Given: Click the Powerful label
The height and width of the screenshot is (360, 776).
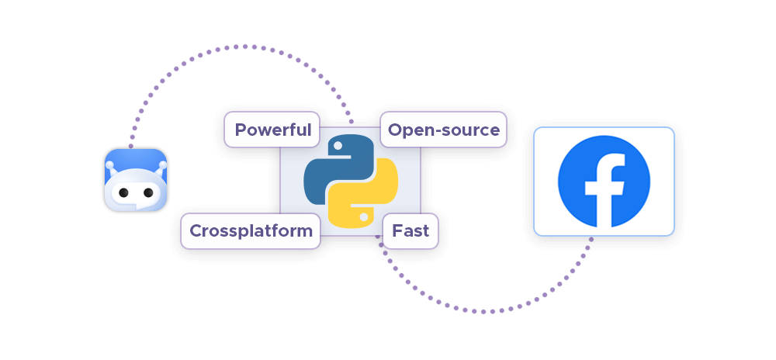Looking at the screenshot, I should pyautogui.click(x=272, y=130).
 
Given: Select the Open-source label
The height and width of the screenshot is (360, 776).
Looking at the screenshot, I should pyautogui.click(x=443, y=130).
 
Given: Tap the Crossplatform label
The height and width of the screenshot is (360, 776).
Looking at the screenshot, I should pyautogui.click(x=251, y=230).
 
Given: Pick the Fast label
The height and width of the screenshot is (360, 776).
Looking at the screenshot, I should pyautogui.click(x=411, y=230).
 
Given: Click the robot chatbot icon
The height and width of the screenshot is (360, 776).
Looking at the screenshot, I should pyautogui.click(x=136, y=180).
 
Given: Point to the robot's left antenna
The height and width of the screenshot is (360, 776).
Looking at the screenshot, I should pyautogui.click(x=109, y=164).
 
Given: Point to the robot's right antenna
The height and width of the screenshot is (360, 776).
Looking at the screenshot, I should pyautogui.click(x=162, y=164).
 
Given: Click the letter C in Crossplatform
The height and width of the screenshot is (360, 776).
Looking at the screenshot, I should pyautogui.click(x=196, y=230).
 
